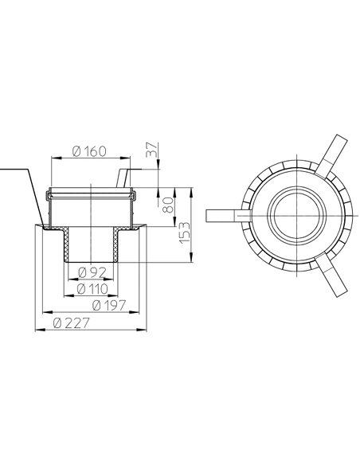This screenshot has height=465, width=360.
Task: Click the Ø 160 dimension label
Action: tap(89, 151)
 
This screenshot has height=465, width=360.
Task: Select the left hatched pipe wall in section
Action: tap(66, 247)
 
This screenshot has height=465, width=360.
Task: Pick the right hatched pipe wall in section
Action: tap(118, 247)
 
